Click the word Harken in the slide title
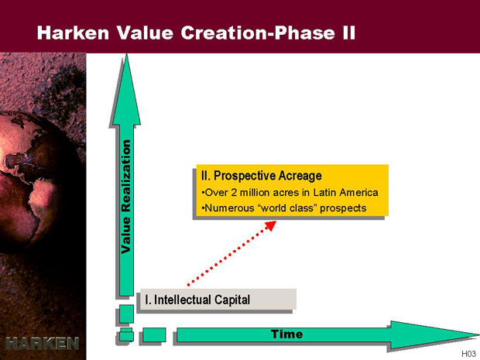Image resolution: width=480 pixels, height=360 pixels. pos(73,33)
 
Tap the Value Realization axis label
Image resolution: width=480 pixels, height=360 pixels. pos(126,197)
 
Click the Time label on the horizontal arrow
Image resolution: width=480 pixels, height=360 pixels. pos(286,334)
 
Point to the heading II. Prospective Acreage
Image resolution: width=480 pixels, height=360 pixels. pos(262,176)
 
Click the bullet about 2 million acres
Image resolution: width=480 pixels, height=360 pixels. pos(290,193)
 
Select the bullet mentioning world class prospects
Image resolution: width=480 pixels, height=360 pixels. pos(284,208)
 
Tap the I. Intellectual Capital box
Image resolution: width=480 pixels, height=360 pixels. pos(218,299)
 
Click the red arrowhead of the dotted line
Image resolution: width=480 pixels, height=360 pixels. pos(270,225)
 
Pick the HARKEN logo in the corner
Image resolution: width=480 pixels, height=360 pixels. pos(43,344)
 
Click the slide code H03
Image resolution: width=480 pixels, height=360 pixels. pos(468,354)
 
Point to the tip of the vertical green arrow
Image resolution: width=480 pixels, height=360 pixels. pos(126,54)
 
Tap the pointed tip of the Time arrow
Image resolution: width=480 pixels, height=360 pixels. pos(478,334)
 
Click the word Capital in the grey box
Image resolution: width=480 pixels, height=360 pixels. pos(232,300)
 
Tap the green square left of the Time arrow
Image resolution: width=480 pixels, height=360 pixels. pos(154,334)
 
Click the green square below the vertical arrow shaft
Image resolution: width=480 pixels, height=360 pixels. pos(126,314)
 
